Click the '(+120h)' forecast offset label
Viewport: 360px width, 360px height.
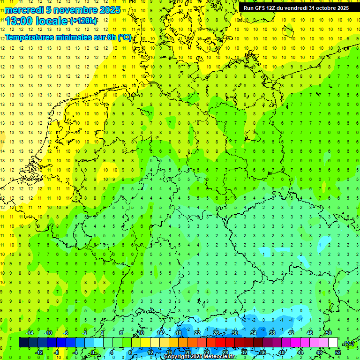83,21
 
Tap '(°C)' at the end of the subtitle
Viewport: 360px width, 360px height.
124,37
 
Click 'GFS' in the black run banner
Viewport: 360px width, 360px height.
263,8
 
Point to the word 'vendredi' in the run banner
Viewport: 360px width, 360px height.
296,8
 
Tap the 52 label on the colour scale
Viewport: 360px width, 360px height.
338,352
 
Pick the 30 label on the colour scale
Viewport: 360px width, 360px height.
234,333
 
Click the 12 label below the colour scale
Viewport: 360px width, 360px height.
150,352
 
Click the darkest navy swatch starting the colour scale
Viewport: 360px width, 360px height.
23,343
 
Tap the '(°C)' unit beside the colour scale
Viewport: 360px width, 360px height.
348,343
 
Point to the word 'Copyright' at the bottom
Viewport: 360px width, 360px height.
177,357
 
